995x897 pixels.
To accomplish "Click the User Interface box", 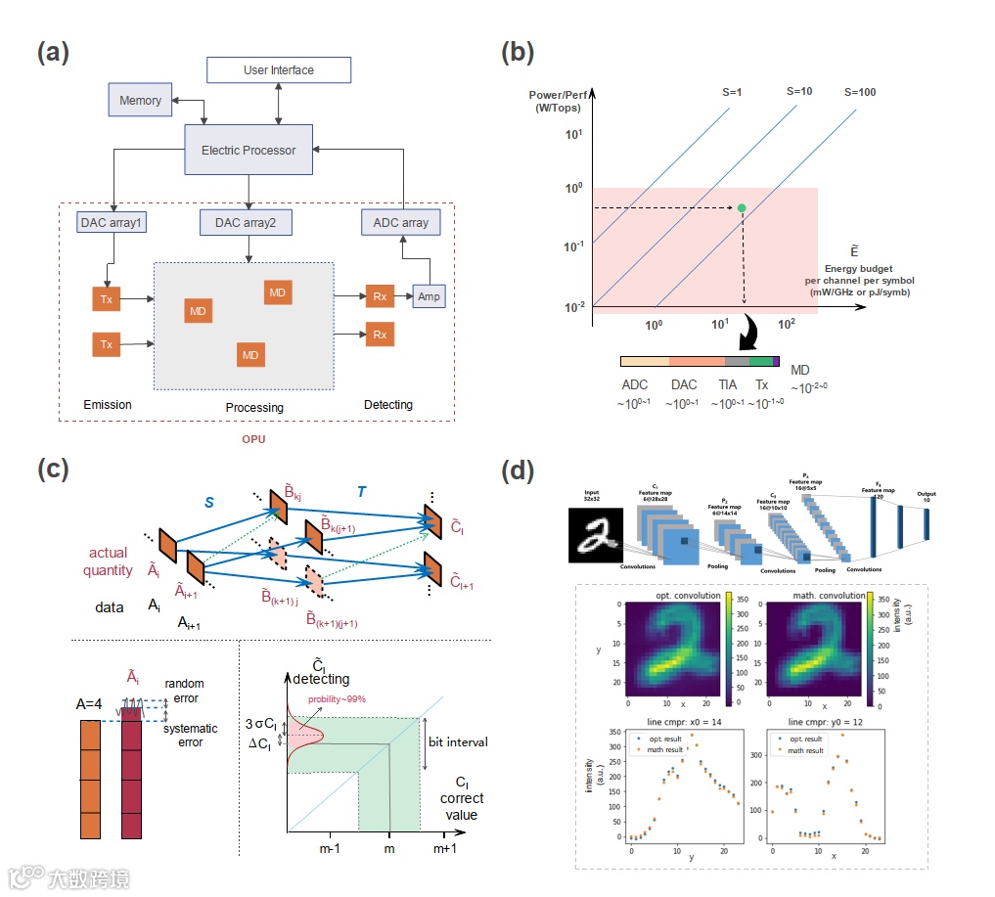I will pyautogui.click(x=279, y=70).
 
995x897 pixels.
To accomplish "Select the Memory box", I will pyautogui.click(x=140, y=100).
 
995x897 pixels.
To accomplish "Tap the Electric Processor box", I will pyautogui.click(x=249, y=150).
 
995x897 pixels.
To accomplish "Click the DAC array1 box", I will pyautogui.click(x=111, y=223).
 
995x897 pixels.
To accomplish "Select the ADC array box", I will pyautogui.click(x=401, y=223).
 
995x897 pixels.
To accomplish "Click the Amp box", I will pyautogui.click(x=429, y=295).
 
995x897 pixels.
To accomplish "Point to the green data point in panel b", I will pyautogui.click(x=742, y=208).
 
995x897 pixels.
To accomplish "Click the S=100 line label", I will pyautogui.click(x=860, y=93).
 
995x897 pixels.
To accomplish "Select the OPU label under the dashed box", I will pyautogui.click(x=254, y=439).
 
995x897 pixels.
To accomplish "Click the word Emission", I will pyautogui.click(x=108, y=405).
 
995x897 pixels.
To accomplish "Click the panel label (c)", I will pyautogui.click(x=54, y=469).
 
